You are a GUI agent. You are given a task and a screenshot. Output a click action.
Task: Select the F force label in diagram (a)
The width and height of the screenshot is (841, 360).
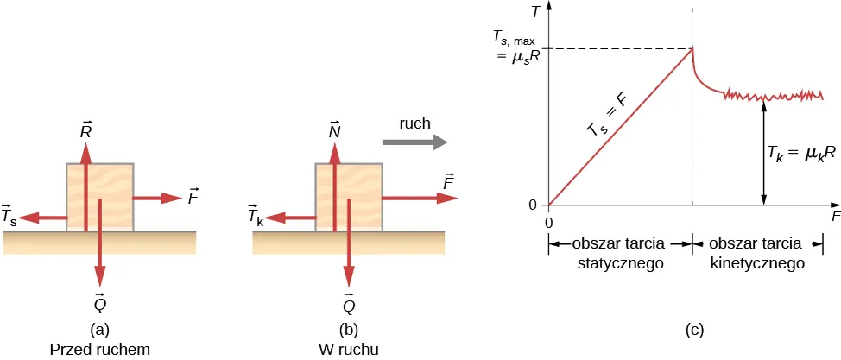(x=193, y=196)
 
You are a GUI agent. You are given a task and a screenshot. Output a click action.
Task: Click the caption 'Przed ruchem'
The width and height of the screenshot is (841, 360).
(x=100, y=348)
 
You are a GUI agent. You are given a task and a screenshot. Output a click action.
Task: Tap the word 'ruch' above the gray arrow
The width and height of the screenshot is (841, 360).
(x=414, y=123)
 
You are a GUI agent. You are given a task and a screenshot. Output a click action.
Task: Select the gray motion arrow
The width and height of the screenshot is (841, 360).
(x=414, y=141)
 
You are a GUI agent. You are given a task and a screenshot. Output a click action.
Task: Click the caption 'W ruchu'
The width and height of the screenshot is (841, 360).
(x=349, y=348)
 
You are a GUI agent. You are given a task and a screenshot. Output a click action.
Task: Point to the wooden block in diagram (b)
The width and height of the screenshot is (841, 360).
(x=348, y=197)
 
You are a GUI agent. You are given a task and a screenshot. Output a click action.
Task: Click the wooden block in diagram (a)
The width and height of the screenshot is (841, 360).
(x=100, y=197)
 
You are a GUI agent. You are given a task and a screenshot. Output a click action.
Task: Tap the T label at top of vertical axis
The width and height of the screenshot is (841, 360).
(x=537, y=12)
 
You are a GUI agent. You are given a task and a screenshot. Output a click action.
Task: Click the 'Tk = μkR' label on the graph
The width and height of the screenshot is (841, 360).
(x=801, y=153)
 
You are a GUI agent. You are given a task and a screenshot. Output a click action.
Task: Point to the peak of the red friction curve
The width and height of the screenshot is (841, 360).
(x=692, y=48)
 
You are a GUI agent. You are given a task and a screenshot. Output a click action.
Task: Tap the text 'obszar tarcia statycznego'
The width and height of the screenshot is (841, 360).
(x=619, y=251)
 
